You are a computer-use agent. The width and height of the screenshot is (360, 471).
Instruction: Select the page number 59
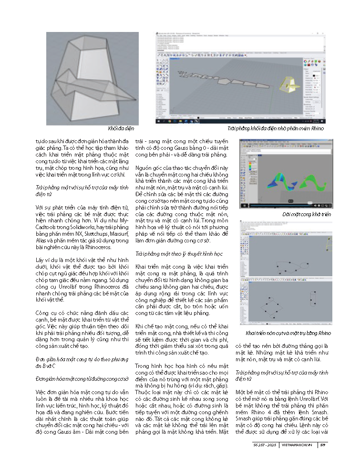point(323,445)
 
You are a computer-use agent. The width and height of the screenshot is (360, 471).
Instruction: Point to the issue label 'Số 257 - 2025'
point(265,445)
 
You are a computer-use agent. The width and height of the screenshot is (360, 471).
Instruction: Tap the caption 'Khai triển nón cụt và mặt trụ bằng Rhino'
point(288,332)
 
